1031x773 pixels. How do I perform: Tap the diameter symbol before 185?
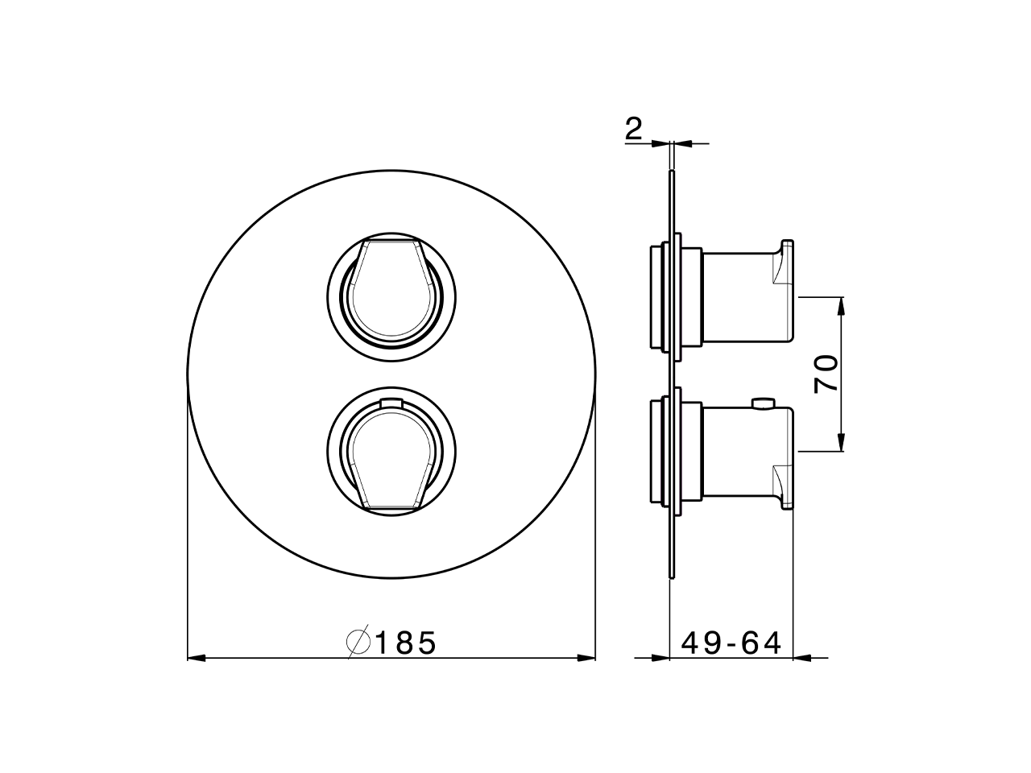(x=358, y=643)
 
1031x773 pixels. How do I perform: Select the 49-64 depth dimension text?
(x=731, y=643)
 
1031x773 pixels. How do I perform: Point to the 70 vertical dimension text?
(x=826, y=374)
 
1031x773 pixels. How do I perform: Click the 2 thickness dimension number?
(x=634, y=130)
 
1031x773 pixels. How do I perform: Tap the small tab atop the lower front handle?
(x=391, y=402)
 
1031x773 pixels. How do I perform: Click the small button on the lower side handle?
(x=761, y=402)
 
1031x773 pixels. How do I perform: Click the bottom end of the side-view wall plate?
(x=670, y=573)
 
